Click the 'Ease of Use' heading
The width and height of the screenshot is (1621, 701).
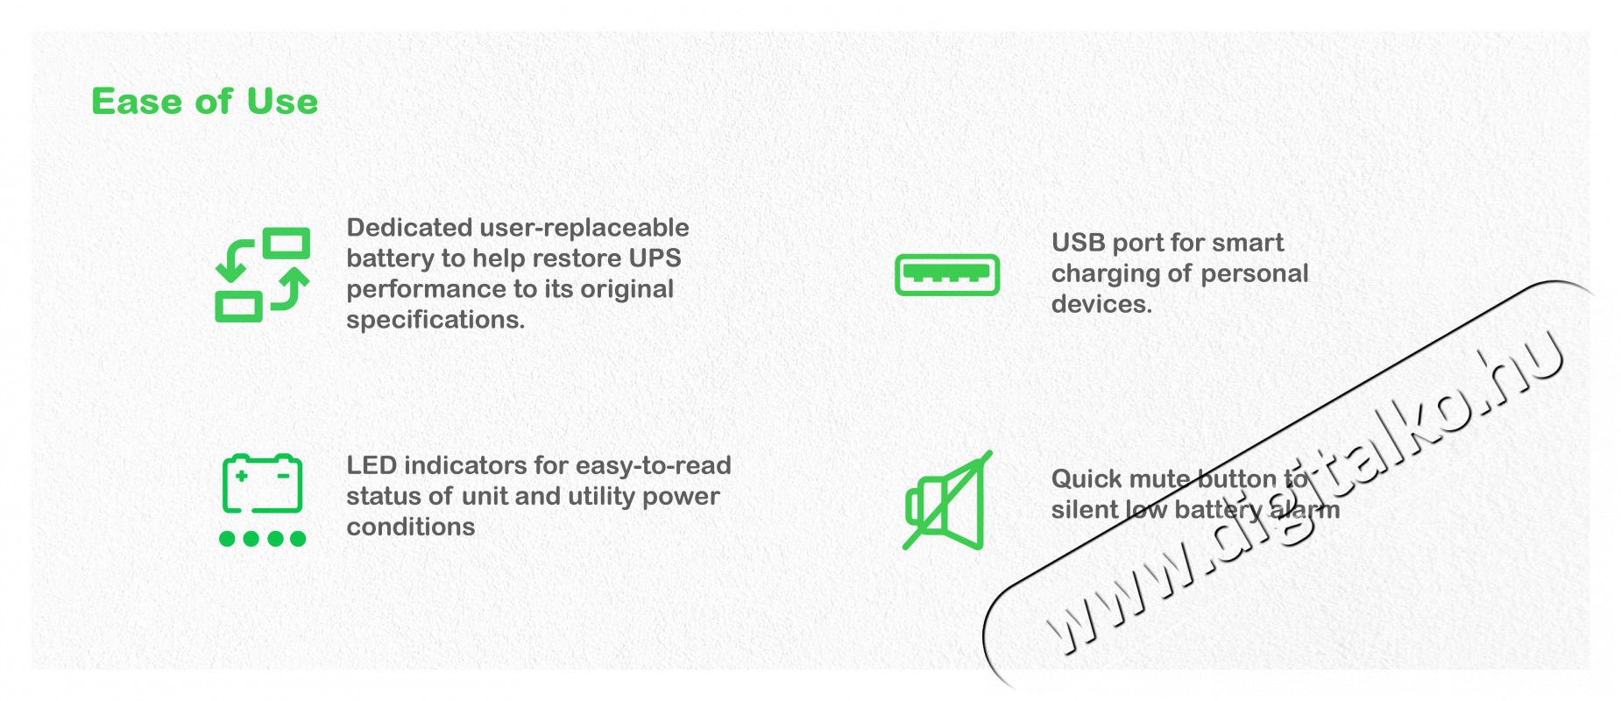click(204, 102)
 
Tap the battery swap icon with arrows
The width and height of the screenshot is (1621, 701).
click(262, 274)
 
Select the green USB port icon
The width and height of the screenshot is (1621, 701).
click(946, 274)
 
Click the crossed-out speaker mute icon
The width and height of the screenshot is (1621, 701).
click(946, 500)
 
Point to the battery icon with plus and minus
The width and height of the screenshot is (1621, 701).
click(262, 484)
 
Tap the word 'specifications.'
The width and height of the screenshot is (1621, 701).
click(435, 321)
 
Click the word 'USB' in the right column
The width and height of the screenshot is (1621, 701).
click(1078, 243)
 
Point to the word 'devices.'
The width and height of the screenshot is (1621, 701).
click(1101, 304)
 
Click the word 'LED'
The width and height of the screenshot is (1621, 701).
click(372, 465)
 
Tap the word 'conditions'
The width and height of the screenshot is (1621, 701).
click(411, 527)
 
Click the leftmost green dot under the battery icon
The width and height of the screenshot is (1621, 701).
click(227, 538)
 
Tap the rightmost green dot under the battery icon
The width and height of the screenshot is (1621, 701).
click(298, 538)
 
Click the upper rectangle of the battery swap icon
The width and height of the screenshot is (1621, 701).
click(287, 243)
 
